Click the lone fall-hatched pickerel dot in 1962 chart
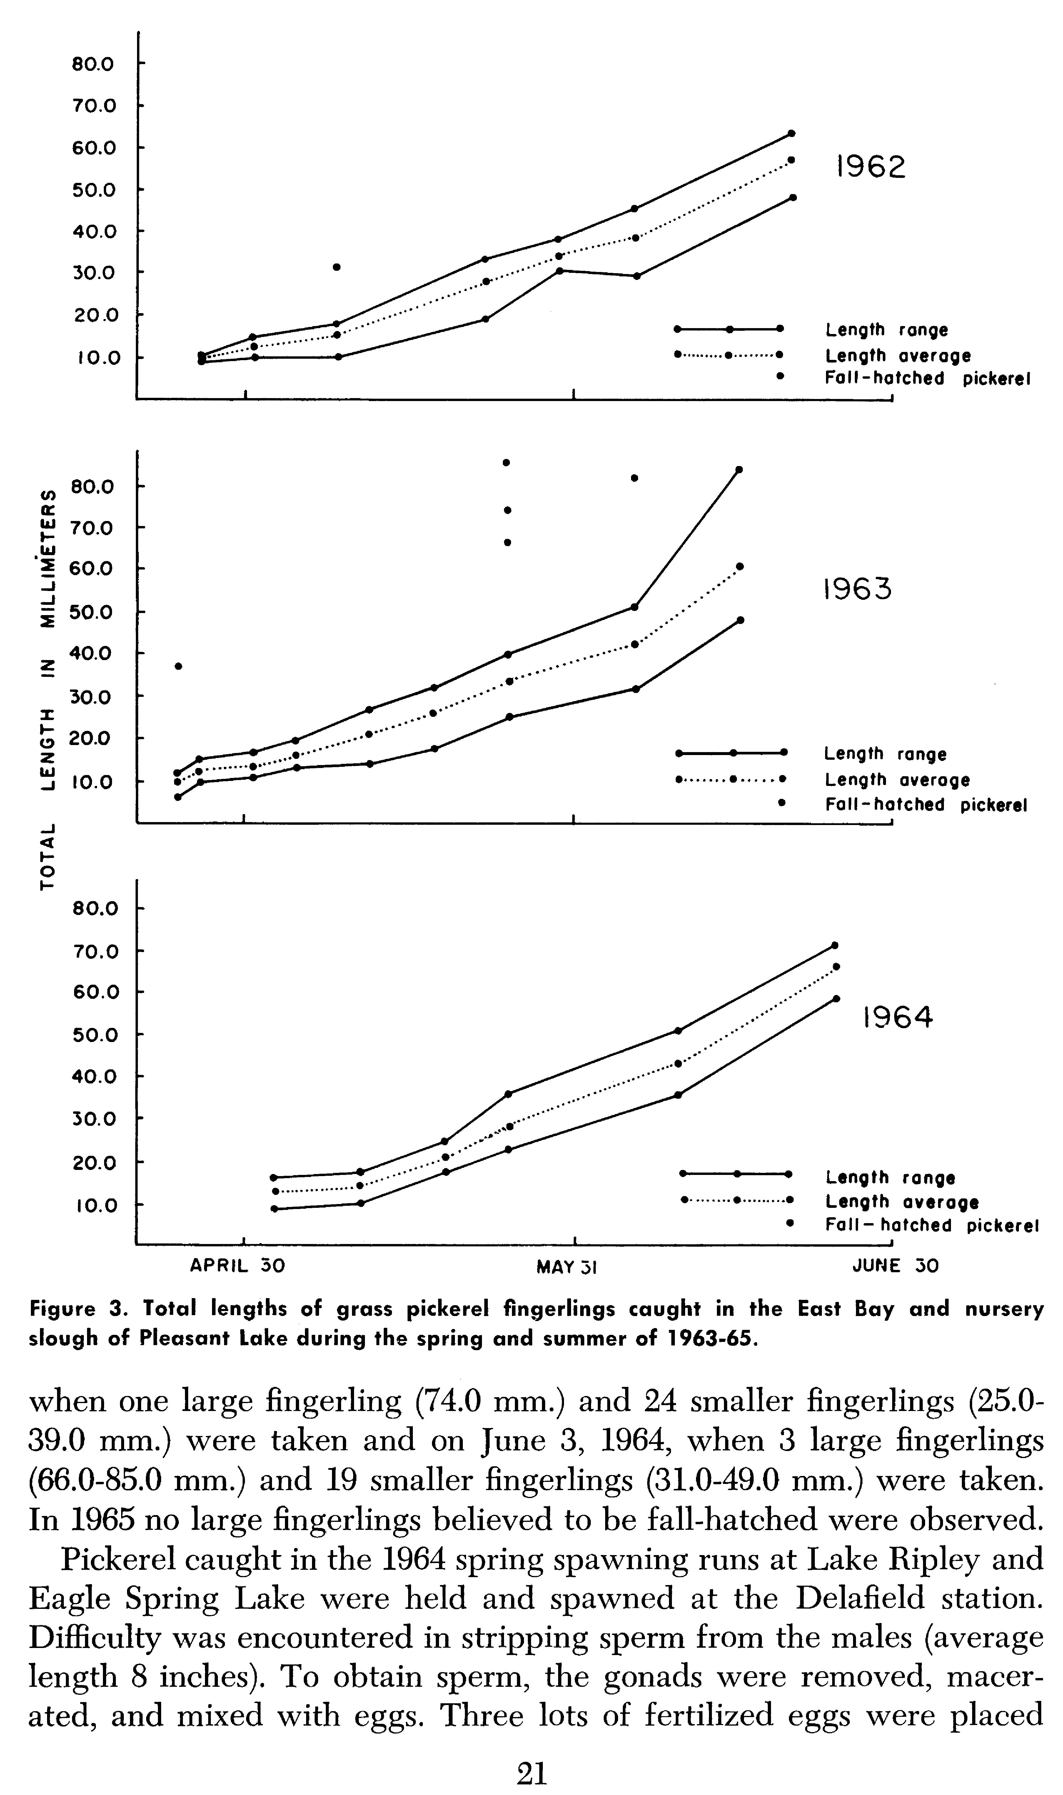pyautogui.click(x=337, y=267)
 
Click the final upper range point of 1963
pyautogui.click(x=739, y=470)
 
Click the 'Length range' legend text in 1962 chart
pyautogui.click(x=886, y=330)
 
